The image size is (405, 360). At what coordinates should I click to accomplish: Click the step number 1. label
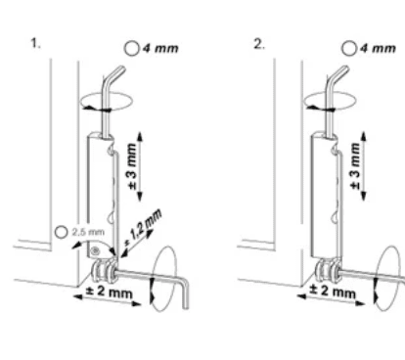click(35, 43)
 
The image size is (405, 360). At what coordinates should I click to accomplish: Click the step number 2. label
click(259, 44)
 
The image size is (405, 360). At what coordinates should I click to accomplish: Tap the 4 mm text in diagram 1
click(160, 49)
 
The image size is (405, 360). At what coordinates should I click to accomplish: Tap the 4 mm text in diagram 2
click(379, 49)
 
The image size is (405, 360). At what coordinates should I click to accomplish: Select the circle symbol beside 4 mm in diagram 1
click(132, 49)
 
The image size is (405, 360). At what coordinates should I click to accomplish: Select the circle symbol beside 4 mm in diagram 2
click(349, 49)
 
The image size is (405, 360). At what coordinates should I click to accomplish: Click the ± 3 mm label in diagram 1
click(132, 166)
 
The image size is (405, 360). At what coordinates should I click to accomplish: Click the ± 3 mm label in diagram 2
click(355, 166)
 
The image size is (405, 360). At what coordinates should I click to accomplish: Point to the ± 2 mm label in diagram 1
click(109, 292)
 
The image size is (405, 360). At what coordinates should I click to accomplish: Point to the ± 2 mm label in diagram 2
click(333, 291)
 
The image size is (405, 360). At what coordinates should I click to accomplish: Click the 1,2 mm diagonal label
click(144, 229)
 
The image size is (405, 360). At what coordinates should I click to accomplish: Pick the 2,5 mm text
click(88, 232)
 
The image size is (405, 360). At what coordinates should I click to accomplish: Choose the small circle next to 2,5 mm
click(61, 232)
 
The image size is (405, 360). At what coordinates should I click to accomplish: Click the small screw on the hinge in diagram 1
click(95, 250)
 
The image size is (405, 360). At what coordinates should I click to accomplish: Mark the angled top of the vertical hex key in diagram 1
click(116, 73)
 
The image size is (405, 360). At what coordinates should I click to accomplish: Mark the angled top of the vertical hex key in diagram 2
click(340, 73)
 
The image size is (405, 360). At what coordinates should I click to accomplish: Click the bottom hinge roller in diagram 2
click(328, 271)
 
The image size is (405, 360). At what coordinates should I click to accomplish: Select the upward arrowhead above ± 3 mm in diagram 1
click(140, 136)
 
